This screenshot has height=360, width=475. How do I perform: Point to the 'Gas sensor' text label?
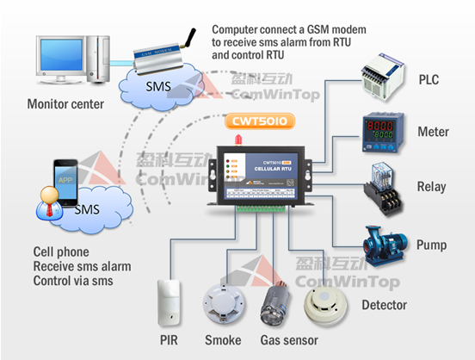(x=287, y=341)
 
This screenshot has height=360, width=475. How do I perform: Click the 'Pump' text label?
(x=431, y=245)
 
